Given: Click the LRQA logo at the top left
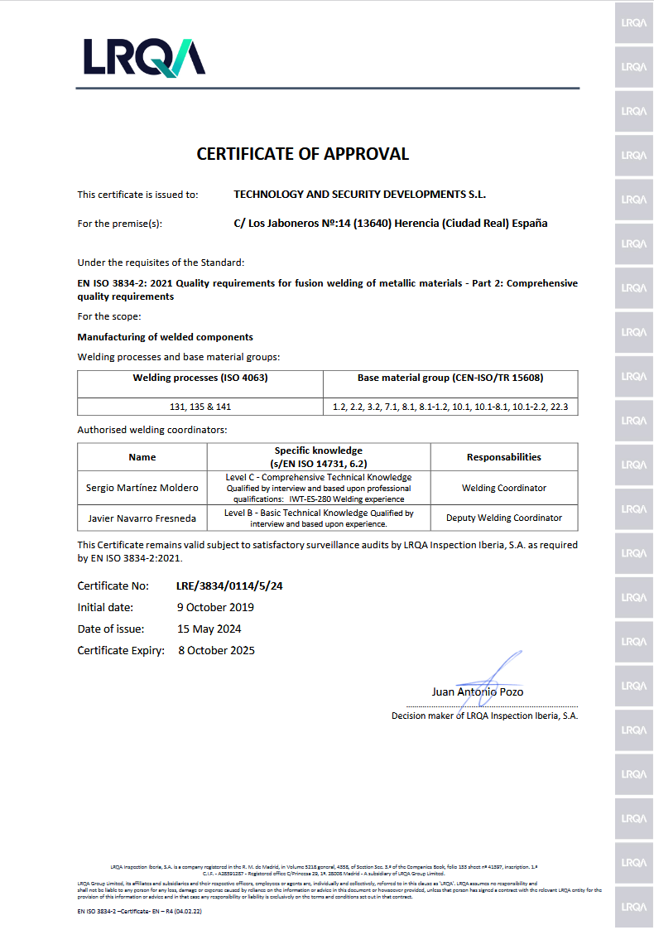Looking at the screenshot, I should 143,57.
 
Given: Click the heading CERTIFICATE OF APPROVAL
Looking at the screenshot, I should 302,154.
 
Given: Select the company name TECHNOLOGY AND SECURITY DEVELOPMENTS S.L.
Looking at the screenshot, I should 360,195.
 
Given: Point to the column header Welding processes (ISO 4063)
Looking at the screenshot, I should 200,378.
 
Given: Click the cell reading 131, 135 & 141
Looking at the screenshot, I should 200,407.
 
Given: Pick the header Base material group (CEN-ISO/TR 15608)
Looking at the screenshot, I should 450,378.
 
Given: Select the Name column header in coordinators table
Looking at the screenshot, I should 142,457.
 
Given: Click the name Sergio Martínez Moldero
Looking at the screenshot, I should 142,488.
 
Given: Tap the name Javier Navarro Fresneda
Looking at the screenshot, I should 142,518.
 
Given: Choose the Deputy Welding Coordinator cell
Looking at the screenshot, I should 503,518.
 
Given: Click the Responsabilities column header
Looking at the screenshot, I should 503,457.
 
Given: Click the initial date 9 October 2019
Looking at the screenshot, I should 215,607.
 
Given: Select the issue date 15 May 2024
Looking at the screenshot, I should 209,629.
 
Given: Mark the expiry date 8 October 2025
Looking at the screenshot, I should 217,651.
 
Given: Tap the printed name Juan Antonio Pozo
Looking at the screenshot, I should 477,692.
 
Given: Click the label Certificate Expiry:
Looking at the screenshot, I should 121,651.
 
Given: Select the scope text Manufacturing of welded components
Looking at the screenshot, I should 166,337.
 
